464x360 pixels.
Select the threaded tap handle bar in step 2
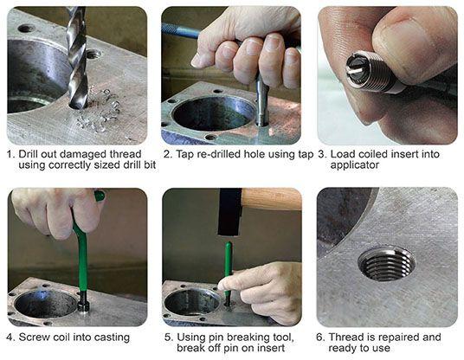click(x=181, y=31)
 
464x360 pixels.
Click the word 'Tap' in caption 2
click(x=185, y=155)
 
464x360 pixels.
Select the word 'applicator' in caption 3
click(x=355, y=165)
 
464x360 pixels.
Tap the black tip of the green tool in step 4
click(x=83, y=302)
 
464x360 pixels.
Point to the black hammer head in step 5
click(x=230, y=211)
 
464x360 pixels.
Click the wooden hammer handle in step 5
click(x=272, y=198)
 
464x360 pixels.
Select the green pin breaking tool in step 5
click(x=229, y=272)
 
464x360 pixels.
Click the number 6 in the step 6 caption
click(x=319, y=337)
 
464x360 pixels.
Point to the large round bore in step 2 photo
click(x=213, y=114)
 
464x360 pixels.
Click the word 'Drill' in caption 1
click(x=29, y=154)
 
